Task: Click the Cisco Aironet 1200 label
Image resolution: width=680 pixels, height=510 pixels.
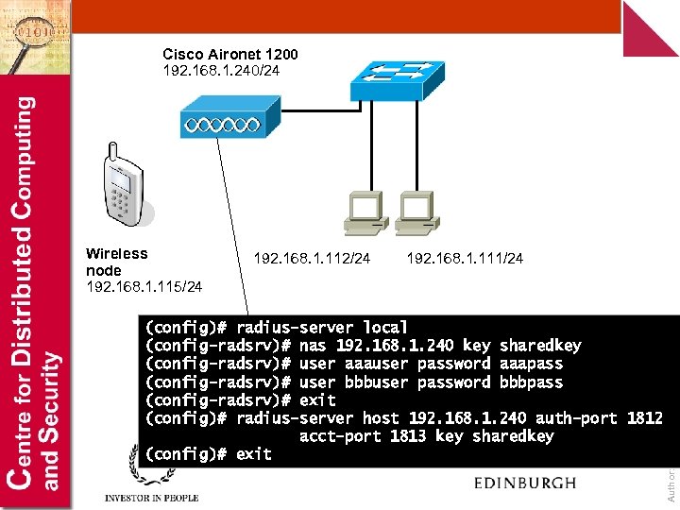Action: click(x=229, y=55)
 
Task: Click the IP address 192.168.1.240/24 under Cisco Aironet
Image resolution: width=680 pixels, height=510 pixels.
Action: click(x=220, y=70)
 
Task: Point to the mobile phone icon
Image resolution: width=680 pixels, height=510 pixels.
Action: click(x=122, y=187)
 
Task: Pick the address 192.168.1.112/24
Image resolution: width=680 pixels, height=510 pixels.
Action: click(x=312, y=258)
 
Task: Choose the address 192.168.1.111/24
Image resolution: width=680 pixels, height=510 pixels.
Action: click(x=464, y=258)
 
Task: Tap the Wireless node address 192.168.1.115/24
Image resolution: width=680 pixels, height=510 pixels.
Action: click(x=144, y=285)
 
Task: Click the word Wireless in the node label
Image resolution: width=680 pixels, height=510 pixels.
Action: click(x=116, y=253)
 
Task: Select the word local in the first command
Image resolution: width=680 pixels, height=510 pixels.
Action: click(x=385, y=328)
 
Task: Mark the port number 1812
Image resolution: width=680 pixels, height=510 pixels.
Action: click(x=644, y=418)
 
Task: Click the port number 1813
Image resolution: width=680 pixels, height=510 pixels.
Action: click(x=409, y=436)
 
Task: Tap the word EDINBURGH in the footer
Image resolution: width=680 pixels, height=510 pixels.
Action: click(x=524, y=483)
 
